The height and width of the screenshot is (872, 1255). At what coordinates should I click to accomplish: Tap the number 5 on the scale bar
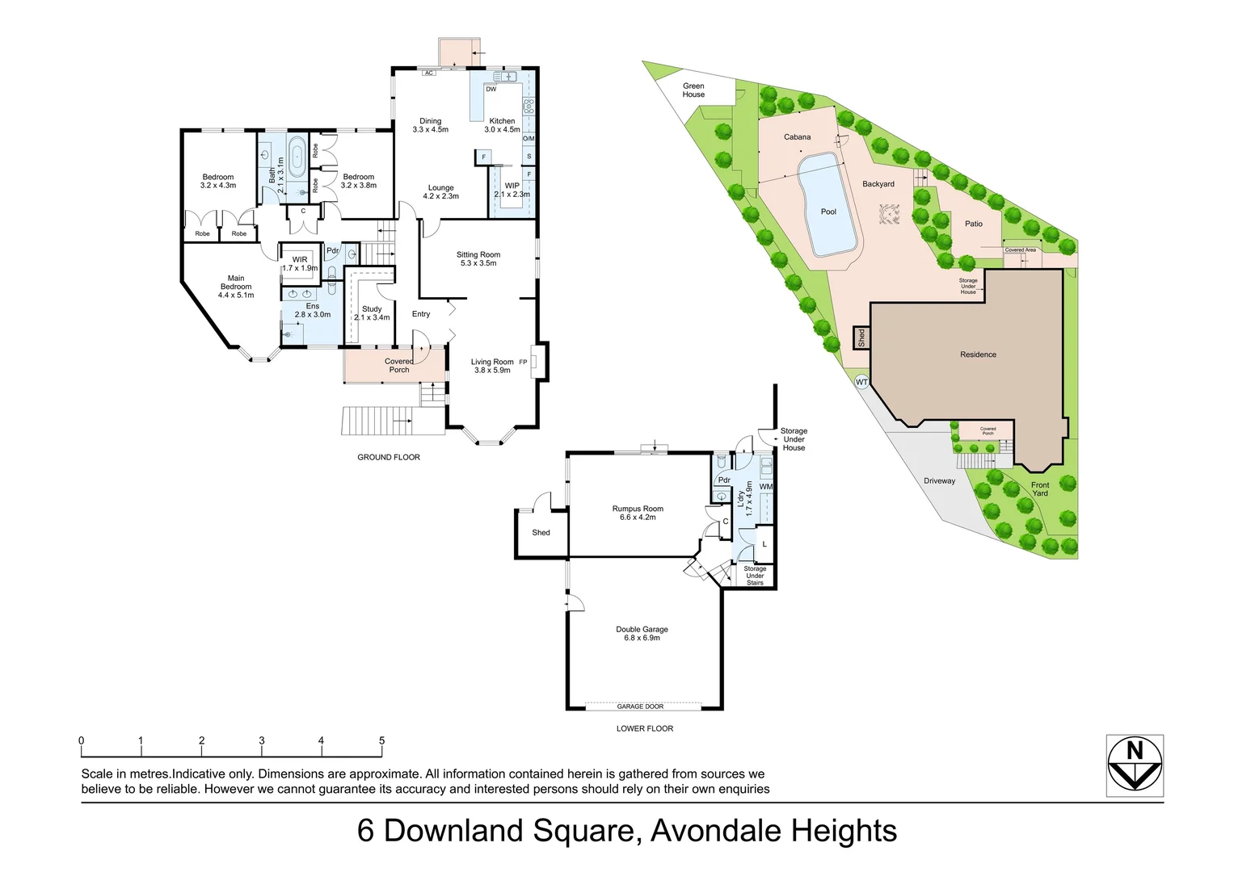[x=381, y=740]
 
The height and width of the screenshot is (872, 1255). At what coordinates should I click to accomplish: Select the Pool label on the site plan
[x=828, y=212]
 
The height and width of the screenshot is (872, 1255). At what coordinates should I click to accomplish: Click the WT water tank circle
[x=861, y=382]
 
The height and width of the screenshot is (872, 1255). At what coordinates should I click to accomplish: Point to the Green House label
[x=693, y=90]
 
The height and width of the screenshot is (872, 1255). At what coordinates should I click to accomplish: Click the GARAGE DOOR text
[x=640, y=706]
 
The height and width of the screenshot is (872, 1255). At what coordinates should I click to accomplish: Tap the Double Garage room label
[x=642, y=634]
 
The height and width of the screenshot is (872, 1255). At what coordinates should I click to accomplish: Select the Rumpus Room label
[x=638, y=513]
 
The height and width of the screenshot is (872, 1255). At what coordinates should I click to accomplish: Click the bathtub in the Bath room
[x=297, y=155]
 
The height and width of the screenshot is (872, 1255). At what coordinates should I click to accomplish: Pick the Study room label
[x=372, y=313]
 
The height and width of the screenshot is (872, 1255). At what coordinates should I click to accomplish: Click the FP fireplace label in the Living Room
[x=523, y=362]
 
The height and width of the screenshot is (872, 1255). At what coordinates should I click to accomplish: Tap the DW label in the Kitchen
[x=491, y=90]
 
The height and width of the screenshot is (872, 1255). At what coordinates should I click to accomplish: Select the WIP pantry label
[x=512, y=190]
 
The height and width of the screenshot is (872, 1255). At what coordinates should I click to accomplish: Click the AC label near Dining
[x=428, y=73]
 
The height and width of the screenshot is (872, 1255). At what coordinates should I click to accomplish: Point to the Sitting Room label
[x=478, y=258]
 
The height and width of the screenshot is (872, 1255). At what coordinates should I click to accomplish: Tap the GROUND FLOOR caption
[x=389, y=457]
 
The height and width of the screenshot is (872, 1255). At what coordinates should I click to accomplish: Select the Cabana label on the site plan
[x=797, y=137]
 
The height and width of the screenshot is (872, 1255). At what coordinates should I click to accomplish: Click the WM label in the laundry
[x=765, y=487]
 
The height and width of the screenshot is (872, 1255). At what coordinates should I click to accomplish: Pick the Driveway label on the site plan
[x=939, y=481]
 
